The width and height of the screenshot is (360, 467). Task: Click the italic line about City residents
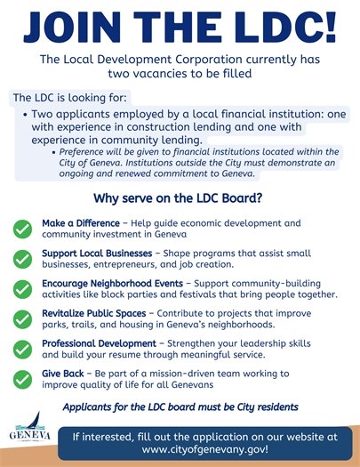click(180, 407)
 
